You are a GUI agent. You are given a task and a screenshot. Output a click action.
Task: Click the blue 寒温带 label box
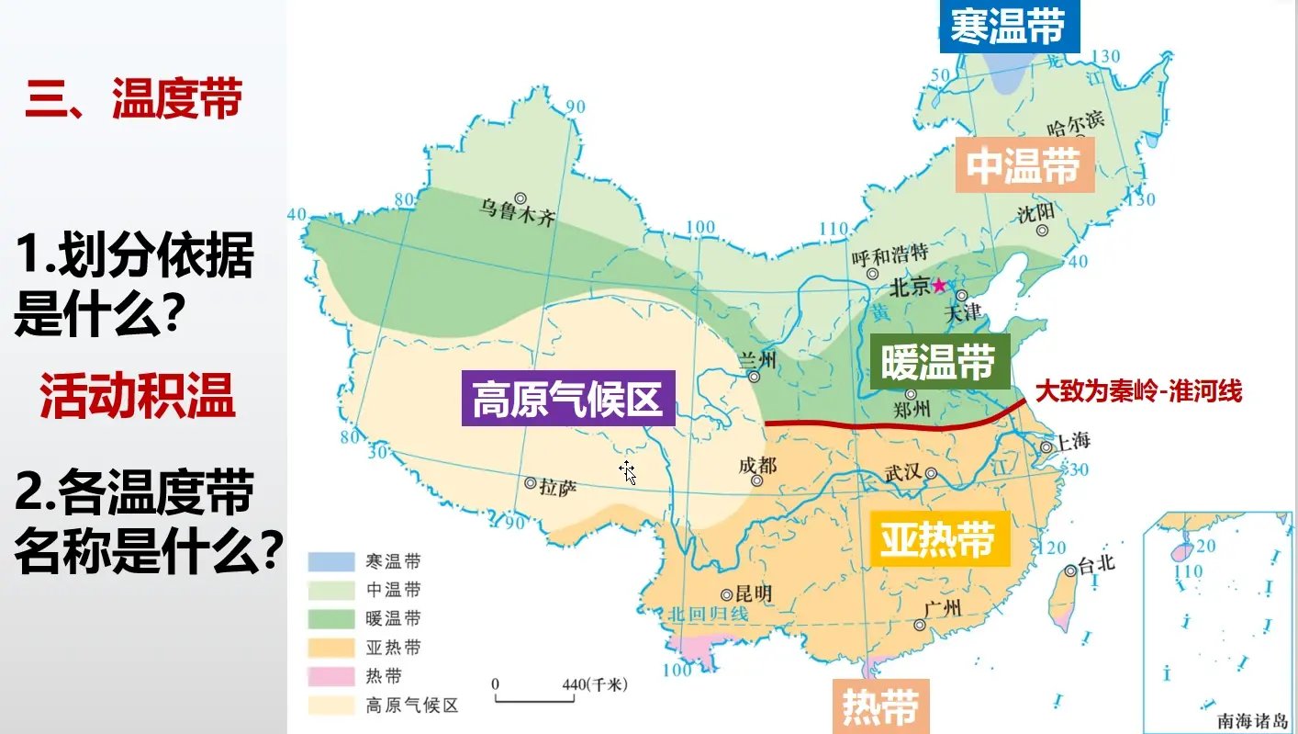point(1009,26)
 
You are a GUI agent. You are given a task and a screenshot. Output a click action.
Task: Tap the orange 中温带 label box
point(1024,166)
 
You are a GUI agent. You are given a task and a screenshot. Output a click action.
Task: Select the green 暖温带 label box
point(938,363)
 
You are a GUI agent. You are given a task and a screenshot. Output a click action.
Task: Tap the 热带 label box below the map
point(880,706)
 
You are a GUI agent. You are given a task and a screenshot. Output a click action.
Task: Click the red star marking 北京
point(939,286)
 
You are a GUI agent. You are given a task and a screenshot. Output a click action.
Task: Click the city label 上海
point(1071,441)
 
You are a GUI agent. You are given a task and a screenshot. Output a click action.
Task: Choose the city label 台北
point(1096,564)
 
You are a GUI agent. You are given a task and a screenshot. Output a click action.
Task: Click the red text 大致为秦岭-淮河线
point(1138,391)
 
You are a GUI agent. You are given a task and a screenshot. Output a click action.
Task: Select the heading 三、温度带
point(133,98)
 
